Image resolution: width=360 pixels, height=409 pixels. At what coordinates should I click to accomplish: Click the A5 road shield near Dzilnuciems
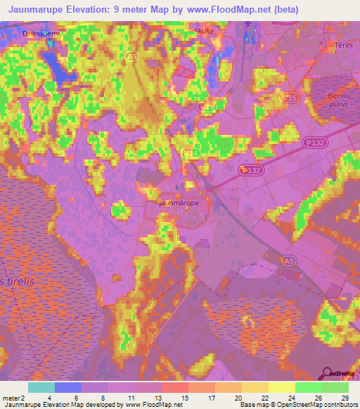pyautogui.click(x=131, y=55)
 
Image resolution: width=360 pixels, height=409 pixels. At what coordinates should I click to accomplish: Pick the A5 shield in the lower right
pyautogui.click(x=288, y=261)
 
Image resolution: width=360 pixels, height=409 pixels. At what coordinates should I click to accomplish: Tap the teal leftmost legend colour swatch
pyautogui.click(x=41, y=387)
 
